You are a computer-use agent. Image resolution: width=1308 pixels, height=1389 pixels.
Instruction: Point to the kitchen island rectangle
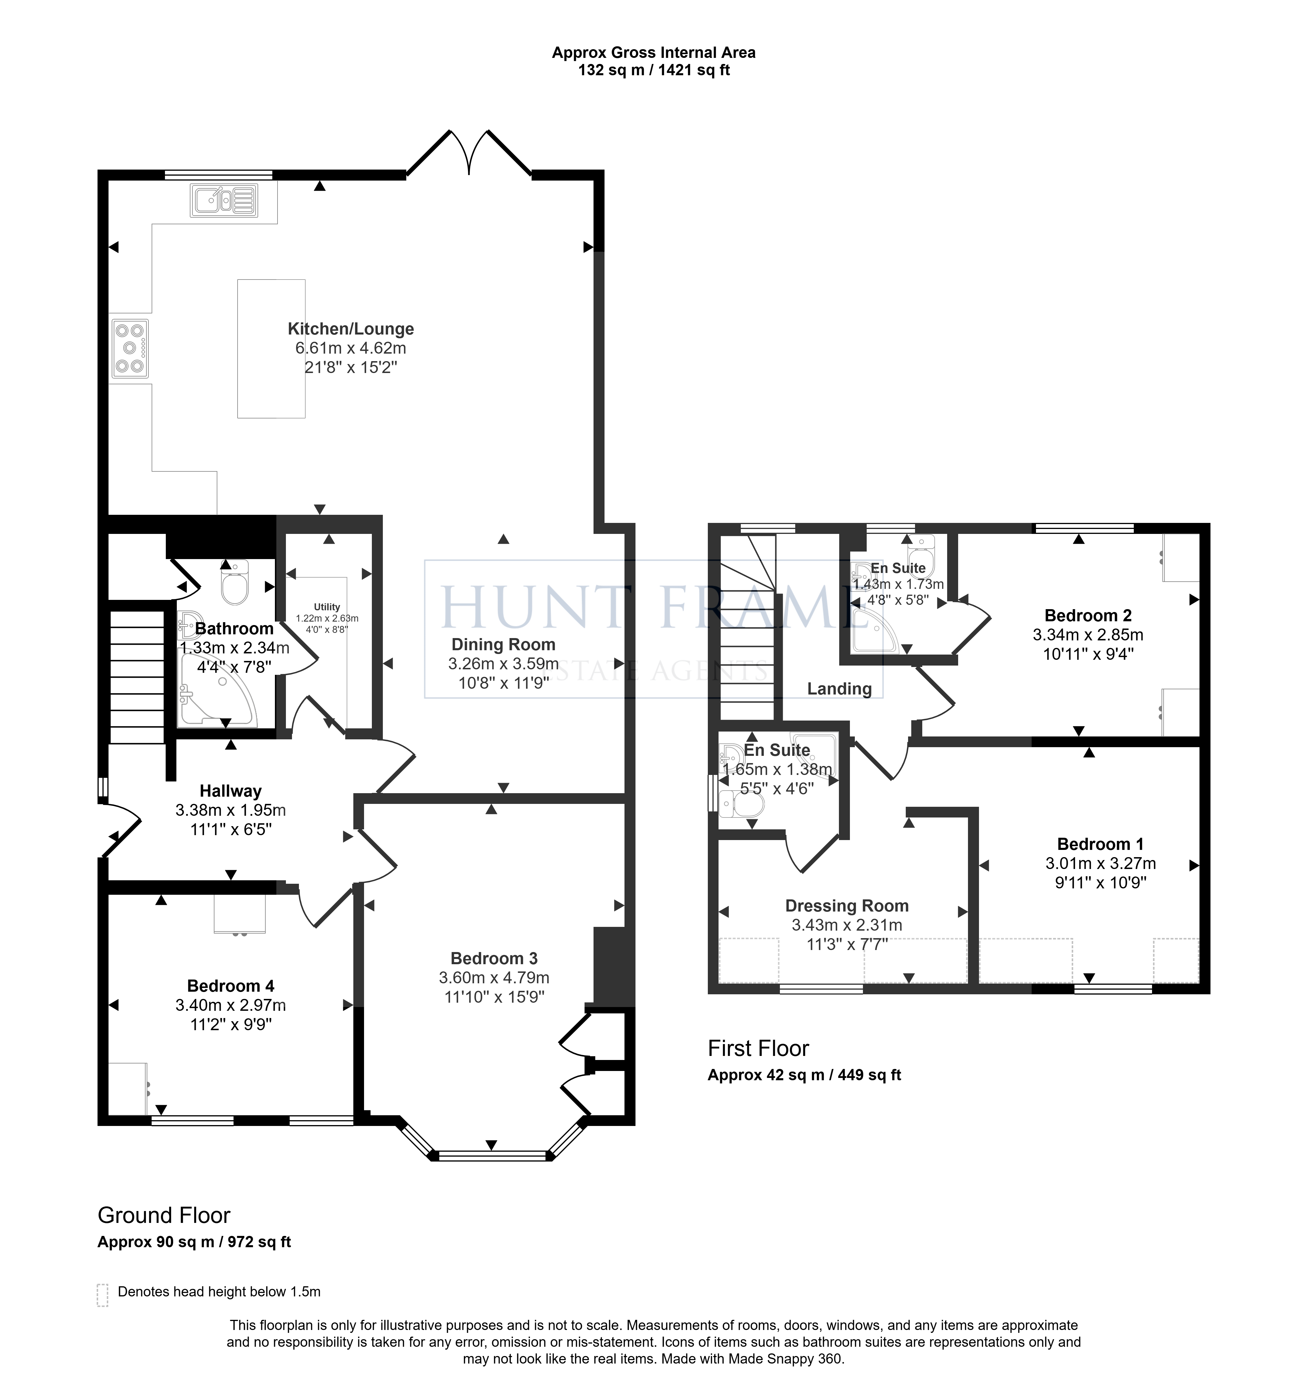point(271,349)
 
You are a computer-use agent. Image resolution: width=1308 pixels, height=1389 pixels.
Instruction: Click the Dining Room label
point(503,645)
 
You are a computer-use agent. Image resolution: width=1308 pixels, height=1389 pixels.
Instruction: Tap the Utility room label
point(327,607)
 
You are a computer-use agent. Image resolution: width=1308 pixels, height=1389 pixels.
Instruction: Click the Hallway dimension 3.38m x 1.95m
point(231,811)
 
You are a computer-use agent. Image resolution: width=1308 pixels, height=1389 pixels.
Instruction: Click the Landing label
point(839,689)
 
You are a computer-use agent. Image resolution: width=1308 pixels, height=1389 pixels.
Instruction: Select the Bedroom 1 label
point(1101,844)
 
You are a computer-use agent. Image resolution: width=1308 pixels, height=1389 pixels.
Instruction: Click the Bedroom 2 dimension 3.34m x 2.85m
point(1088,635)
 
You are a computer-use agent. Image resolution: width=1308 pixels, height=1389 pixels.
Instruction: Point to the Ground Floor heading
point(164,1215)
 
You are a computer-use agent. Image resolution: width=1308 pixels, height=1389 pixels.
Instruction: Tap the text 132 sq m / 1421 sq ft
point(654,70)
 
